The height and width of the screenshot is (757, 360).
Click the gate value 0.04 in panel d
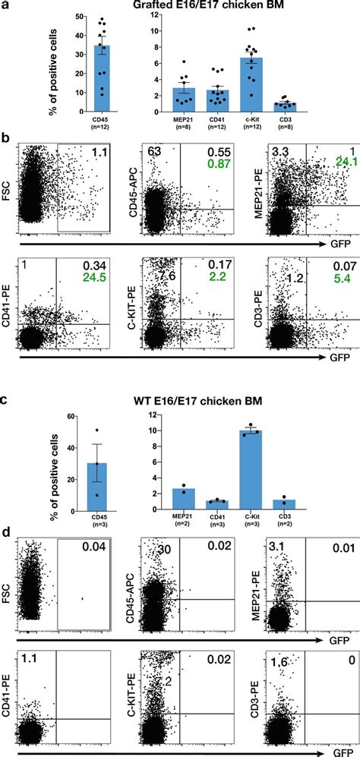click(95, 548)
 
